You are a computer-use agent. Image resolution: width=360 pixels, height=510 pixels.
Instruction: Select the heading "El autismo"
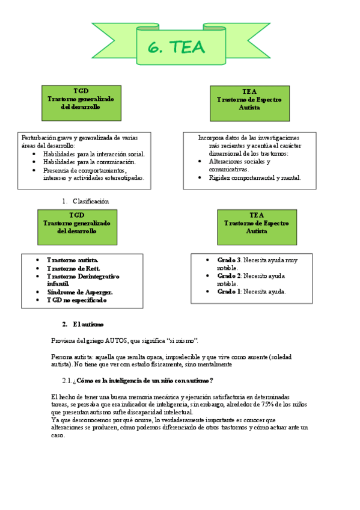point(88,324)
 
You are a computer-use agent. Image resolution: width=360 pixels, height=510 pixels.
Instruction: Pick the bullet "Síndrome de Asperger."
point(79,292)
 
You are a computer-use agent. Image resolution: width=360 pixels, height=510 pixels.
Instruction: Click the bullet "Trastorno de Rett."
point(73,268)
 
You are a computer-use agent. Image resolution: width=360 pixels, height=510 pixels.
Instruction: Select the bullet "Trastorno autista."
point(72,260)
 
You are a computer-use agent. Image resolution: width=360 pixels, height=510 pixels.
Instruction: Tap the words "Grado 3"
point(229,260)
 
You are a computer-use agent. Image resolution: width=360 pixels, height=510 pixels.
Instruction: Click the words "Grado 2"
point(229,275)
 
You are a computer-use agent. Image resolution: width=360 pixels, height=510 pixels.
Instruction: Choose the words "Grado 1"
point(229,291)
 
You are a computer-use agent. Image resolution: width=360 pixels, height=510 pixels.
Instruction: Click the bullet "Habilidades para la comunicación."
point(89,162)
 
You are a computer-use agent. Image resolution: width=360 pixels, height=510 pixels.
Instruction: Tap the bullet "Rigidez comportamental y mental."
point(255,177)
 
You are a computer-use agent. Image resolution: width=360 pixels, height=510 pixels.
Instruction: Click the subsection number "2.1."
point(68,380)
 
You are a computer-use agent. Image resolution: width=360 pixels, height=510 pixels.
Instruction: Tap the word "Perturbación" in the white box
point(41,138)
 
